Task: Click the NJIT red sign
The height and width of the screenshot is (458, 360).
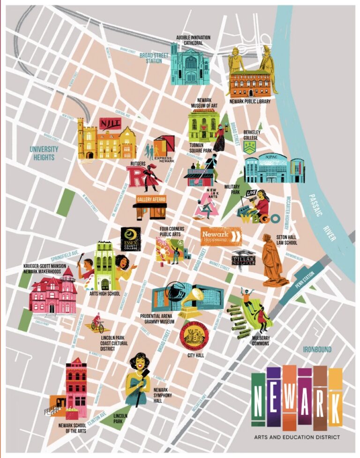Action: (110, 123)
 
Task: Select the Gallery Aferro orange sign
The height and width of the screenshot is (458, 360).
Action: (150, 199)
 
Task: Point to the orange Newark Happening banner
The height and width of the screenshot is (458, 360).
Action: (221, 236)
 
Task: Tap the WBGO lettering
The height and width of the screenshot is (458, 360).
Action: (261, 218)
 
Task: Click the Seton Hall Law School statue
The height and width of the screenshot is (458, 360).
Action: (272, 260)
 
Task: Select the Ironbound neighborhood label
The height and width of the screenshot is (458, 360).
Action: (317, 350)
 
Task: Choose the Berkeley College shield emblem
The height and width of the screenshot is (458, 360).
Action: (250, 147)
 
